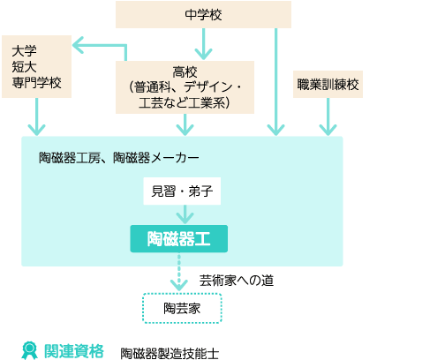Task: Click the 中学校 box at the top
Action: [x=203, y=14]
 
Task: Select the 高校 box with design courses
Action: [x=185, y=87]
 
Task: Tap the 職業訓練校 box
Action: [x=328, y=84]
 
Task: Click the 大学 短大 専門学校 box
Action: [x=36, y=66]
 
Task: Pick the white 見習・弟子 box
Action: [x=182, y=191]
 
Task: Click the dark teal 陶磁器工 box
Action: [x=179, y=238]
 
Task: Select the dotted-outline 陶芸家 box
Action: [x=182, y=308]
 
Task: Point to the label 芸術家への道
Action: [x=237, y=281]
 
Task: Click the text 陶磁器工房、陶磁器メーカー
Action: [x=119, y=158]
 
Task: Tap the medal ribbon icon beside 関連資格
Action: [x=29, y=350]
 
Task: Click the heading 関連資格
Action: [x=74, y=351]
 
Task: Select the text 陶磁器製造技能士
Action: [x=170, y=354]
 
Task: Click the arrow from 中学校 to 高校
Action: [x=203, y=44]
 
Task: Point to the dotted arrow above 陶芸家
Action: [x=179, y=272]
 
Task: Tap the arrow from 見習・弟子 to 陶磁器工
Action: [x=185, y=214]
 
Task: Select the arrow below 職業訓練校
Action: [x=328, y=116]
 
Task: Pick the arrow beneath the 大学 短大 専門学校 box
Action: [x=36, y=116]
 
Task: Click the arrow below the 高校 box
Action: [x=185, y=124]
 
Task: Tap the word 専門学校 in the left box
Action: [x=36, y=83]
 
